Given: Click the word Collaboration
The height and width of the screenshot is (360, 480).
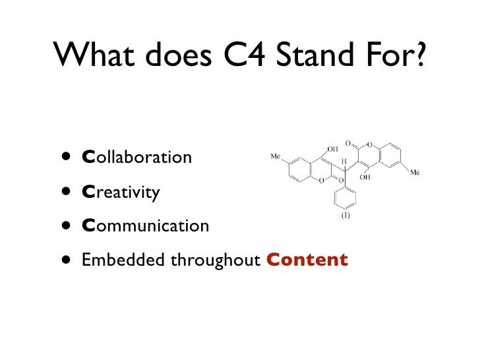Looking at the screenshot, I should (x=136, y=158).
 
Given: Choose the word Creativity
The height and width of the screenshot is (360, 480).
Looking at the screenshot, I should (x=121, y=193).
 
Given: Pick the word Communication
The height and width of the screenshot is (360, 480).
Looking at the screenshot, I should (x=145, y=226).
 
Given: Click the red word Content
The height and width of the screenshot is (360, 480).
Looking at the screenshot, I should (x=307, y=260).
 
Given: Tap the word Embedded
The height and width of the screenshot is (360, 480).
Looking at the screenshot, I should (x=123, y=260).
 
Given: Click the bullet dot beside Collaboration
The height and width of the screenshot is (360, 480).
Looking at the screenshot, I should (x=65, y=158).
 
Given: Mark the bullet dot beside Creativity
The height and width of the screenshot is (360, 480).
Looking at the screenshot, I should (x=65, y=193).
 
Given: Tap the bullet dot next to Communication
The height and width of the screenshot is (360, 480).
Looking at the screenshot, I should (x=65, y=226).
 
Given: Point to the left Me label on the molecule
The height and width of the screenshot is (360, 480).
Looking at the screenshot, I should (x=276, y=157).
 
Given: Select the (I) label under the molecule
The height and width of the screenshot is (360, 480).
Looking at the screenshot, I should (x=345, y=216).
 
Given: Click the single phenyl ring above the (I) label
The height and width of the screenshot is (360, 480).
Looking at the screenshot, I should (x=345, y=196).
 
